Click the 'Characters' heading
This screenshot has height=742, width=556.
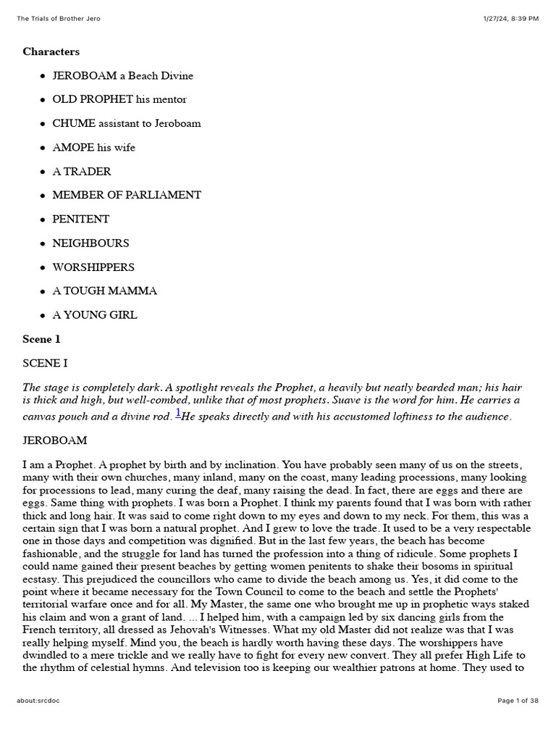tap(51, 51)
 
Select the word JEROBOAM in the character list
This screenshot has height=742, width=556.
tap(84, 75)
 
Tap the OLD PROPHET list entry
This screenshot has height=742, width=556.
tap(93, 99)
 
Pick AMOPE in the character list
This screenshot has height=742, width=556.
tap(73, 147)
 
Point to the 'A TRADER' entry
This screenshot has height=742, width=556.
tap(82, 171)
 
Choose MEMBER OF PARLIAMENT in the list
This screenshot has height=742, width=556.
tap(127, 195)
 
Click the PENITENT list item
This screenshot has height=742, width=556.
tap(81, 219)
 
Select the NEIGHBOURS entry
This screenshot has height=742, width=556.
tap(90, 243)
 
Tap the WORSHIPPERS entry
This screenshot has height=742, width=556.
tap(93, 267)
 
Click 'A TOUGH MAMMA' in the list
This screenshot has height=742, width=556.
tap(104, 291)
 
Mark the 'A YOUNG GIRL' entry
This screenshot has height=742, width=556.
tap(95, 314)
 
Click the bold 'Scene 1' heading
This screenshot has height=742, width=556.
tap(42, 338)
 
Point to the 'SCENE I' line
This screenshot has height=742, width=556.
tap(46, 363)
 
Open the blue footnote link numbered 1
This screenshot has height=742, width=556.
tap(178, 413)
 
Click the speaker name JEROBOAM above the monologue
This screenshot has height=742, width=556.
tap(54, 440)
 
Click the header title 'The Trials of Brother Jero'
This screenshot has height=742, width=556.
tap(59, 18)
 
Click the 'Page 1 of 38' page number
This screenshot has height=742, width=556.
tap(518, 701)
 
